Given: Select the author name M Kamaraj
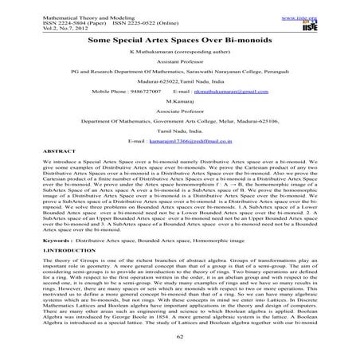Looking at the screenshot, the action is point(179,103).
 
